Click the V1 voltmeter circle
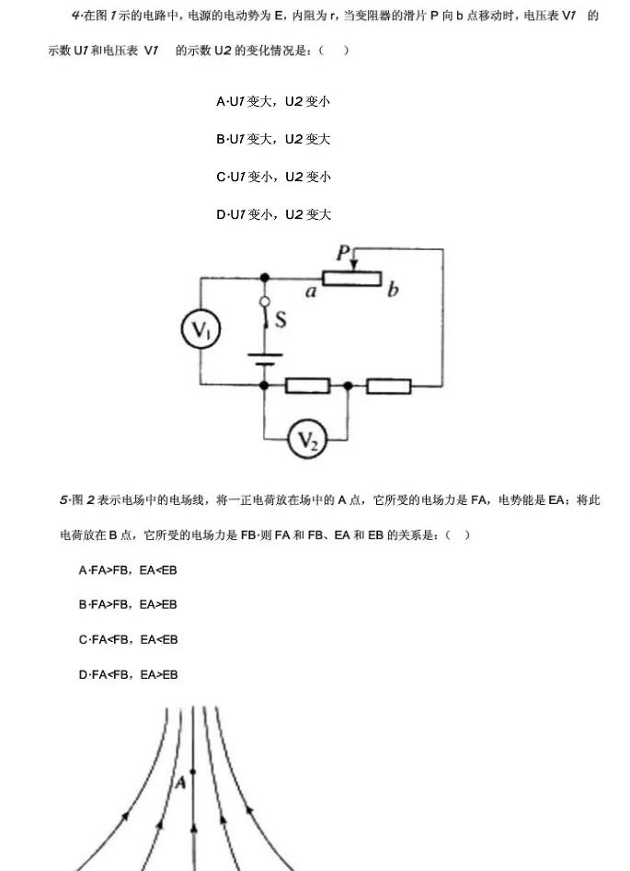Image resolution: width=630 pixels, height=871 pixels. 200,329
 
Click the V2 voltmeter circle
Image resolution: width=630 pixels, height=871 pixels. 308,440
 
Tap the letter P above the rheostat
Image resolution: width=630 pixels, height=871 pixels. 343,254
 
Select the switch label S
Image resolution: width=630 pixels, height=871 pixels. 281,319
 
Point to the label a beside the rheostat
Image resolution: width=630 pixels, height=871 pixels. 311,291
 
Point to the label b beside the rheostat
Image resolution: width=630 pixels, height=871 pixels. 393,289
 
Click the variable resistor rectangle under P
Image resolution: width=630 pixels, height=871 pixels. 351,278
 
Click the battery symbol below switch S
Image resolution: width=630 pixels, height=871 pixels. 265,360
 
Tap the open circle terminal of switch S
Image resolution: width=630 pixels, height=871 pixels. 265,302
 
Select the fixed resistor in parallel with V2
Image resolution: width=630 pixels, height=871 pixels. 307,385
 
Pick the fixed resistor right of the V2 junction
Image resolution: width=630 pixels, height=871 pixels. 389,385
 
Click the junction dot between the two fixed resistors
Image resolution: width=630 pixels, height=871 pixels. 348,385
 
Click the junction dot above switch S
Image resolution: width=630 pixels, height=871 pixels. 265,277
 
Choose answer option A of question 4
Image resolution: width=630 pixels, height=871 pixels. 273,102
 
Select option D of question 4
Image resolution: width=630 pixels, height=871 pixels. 273,214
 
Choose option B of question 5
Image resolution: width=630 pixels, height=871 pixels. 128,604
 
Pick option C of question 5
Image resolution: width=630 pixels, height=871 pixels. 129,640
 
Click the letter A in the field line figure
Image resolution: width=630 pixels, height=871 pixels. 180,783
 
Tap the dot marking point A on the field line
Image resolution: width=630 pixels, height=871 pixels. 193,772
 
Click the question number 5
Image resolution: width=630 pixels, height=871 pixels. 63,500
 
